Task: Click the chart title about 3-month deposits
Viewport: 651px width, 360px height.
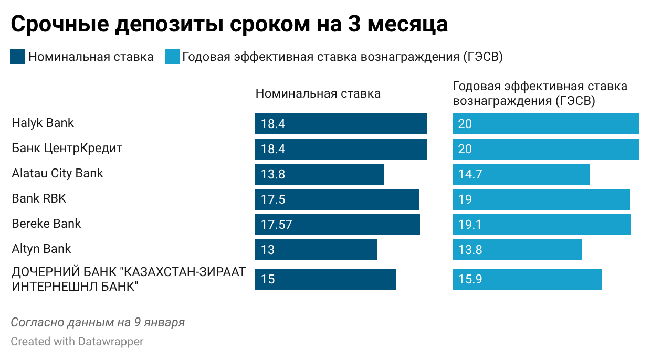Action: coord(229,24)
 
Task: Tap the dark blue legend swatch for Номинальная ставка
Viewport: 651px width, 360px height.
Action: coord(18,57)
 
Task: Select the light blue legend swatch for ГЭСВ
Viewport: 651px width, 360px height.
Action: coord(172,57)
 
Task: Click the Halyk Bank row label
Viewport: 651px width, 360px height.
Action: coord(43,123)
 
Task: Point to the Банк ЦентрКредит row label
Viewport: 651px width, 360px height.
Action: coord(67,148)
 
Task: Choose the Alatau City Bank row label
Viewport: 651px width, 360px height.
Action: coord(57,173)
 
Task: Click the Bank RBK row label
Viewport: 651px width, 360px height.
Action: coord(39,198)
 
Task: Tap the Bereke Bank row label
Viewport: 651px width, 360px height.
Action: coord(46,224)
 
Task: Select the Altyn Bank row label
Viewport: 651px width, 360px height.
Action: coord(41,249)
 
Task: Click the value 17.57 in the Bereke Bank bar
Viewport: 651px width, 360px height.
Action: coord(276,225)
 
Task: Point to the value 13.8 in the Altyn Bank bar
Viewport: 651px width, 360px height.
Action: coord(470,250)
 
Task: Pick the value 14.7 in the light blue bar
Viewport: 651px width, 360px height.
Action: coord(470,174)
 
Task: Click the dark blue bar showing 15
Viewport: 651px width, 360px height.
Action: coord(325,279)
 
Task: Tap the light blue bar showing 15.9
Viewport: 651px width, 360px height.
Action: coord(527,279)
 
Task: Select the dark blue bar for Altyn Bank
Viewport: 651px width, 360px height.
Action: coord(316,250)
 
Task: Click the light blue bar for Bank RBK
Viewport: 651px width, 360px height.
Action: coord(541,199)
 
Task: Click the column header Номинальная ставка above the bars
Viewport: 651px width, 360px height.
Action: coord(318,94)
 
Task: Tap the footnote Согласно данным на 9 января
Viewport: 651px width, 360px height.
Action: coord(98,322)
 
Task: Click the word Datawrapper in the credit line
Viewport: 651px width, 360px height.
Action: coord(111,342)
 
